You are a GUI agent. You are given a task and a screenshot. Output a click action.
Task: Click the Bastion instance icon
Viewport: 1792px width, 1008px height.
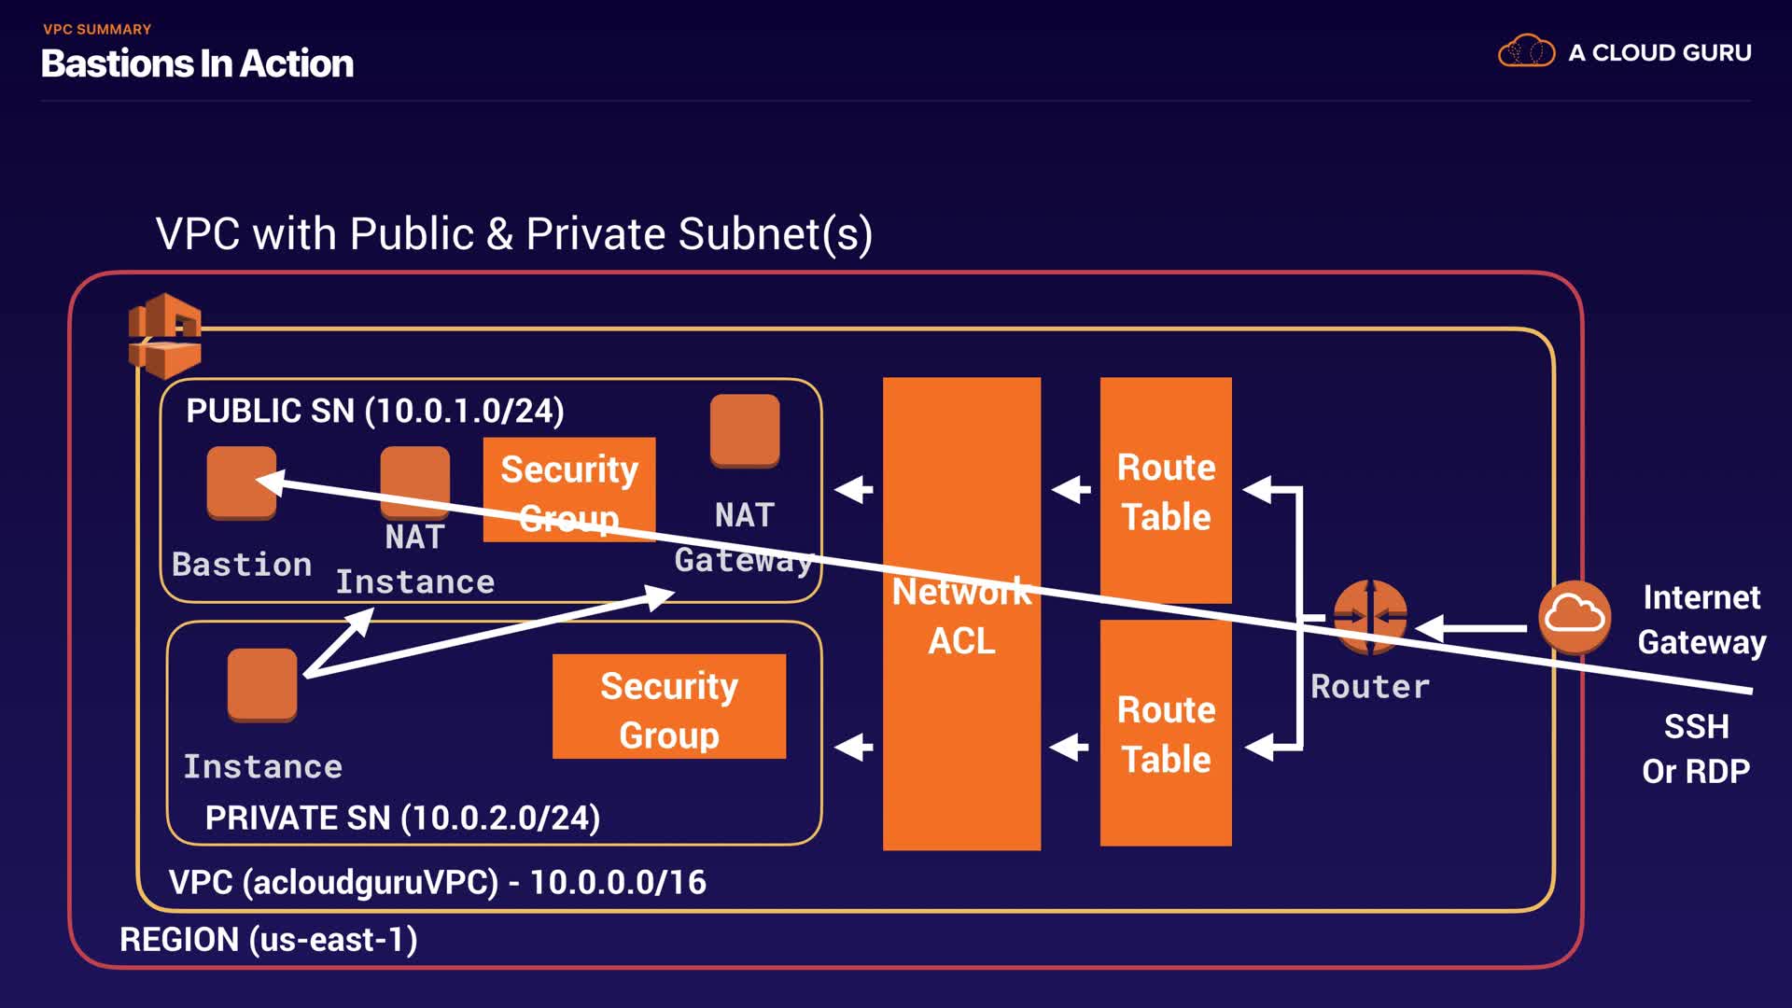(242, 482)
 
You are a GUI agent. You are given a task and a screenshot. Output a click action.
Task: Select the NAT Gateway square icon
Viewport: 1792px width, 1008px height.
(745, 430)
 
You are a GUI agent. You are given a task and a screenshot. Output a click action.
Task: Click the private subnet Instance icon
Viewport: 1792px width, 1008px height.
(262, 685)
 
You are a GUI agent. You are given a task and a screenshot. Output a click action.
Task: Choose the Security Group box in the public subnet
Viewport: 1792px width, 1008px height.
(569, 489)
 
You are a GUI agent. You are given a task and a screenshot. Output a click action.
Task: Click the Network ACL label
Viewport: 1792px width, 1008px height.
(961, 616)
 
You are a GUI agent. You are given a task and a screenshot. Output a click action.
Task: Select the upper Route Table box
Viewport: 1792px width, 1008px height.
(1166, 491)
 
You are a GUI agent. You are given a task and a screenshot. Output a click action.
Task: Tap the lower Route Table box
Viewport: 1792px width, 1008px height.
(1166, 734)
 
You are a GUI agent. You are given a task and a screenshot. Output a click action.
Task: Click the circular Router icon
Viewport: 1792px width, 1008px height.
(1370, 616)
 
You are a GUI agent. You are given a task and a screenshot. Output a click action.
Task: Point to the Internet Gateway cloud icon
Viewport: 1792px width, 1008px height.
(1575, 616)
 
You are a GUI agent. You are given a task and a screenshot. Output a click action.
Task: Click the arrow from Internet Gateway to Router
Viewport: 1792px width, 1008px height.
(1472, 628)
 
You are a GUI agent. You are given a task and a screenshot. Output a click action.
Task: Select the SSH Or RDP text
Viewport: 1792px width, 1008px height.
(1696, 749)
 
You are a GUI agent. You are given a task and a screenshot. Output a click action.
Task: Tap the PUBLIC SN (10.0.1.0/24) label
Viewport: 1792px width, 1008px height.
(375, 411)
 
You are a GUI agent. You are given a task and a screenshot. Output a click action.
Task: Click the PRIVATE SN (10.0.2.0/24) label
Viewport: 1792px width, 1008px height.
(402, 818)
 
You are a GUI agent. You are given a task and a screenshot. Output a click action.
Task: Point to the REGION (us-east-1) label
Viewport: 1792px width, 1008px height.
(269, 939)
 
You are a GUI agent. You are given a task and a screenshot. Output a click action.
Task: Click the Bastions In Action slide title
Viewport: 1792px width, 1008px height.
(197, 63)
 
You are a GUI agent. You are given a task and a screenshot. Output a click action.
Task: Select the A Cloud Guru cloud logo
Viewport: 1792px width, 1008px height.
(1526, 51)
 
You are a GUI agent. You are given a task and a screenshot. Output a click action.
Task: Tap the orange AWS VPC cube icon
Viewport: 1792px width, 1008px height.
(165, 335)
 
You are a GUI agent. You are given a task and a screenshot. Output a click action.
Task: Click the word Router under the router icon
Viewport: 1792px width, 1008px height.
(1370, 687)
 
